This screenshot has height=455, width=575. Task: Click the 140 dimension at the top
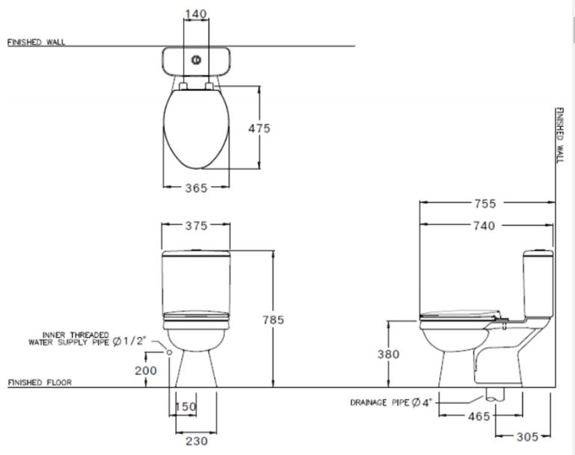[195, 14]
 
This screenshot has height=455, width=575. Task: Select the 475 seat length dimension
[259, 129]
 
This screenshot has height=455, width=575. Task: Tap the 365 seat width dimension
[196, 188]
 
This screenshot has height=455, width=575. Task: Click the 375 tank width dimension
[196, 226]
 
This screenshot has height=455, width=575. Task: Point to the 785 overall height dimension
[273, 320]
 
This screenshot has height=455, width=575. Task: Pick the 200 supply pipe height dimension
[145, 370]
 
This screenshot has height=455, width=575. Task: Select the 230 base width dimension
[196, 441]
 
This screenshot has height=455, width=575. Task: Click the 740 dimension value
[485, 226]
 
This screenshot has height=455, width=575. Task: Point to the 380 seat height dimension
[388, 354]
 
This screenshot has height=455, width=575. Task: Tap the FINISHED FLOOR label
[40, 383]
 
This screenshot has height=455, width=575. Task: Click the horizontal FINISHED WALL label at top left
[36, 43]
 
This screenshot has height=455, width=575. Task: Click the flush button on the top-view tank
[195, 58]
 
